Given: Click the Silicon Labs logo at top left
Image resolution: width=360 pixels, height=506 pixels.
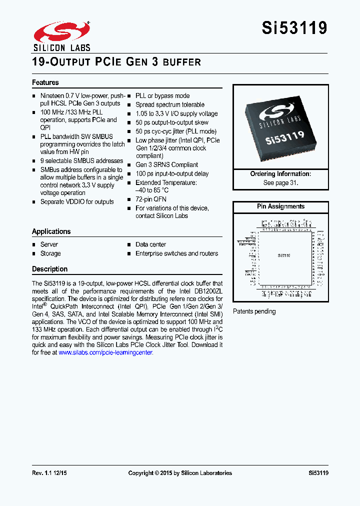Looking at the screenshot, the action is pos(61,36).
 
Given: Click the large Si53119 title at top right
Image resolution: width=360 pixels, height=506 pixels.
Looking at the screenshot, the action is pos(294,28).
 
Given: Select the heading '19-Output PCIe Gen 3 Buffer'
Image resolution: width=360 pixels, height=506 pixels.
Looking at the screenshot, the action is pos(116,62).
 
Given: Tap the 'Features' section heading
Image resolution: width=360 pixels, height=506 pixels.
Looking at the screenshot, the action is pos(45,82).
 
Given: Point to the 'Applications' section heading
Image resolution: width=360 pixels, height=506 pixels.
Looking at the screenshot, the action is pos(51,231).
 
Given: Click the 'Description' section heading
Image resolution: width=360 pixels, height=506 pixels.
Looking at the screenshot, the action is pos(50,269).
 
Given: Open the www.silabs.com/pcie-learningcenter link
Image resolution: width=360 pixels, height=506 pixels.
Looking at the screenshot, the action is pos(105,352).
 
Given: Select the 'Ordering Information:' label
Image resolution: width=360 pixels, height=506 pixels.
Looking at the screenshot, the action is pos(280,174).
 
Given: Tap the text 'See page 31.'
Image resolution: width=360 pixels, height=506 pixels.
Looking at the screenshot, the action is pos(280,182).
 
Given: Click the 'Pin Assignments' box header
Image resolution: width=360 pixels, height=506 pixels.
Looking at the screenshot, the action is pos(280,206).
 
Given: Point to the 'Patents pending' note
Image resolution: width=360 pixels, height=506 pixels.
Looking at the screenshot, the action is pos(254,311).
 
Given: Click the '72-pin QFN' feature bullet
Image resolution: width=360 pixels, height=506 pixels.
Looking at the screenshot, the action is pos(151,199).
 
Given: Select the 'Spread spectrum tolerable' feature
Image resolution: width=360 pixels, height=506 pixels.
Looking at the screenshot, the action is pos(170,105).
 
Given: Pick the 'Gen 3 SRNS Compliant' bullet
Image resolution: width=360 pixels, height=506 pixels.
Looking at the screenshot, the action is pos(166,165).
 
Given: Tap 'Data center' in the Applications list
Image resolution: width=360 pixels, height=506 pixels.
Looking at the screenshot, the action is pos(150,244).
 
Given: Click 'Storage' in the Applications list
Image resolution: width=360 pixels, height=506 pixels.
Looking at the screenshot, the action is pos(50,253).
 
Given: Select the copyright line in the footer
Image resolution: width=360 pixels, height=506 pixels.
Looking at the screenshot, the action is pos(180,473).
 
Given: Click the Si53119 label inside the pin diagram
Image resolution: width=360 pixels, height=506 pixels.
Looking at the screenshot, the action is pos(284,255).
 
